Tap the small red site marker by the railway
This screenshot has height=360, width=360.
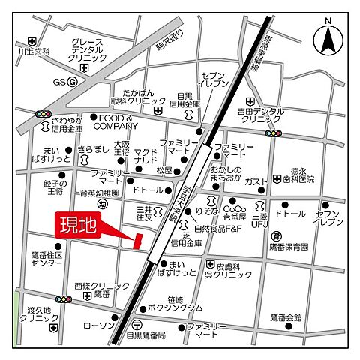pos(136,240)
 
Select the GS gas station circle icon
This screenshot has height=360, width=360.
pos(72,81)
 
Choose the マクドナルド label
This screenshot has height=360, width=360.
pos(145,156)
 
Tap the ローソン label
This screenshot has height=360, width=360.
pos(98,325)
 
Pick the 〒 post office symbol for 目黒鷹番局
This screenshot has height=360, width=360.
pos(136,325)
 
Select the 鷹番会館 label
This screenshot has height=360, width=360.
pos(286,317)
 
